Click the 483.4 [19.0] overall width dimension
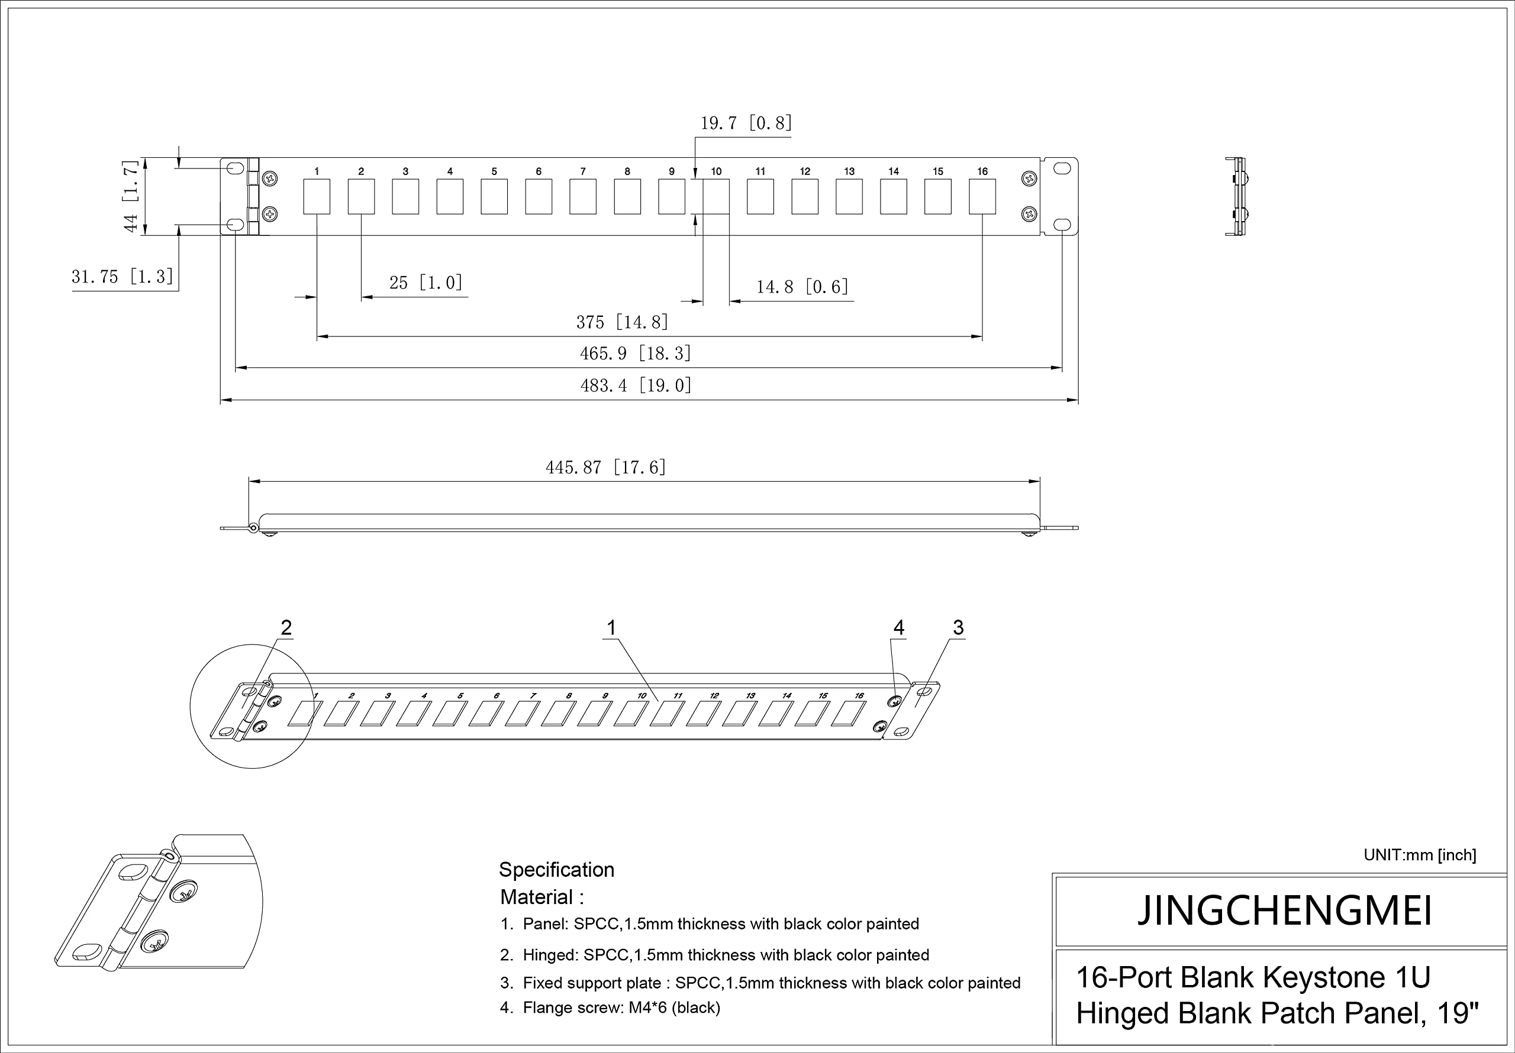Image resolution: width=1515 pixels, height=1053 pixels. pos(636,385)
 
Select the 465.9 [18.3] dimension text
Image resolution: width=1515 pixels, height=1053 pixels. pos(636,354)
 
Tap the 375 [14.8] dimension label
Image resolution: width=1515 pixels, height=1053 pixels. pos(622,322)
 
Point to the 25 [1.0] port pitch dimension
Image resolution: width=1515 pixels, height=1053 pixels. pos(426,283)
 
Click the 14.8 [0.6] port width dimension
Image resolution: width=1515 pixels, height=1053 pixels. pos(802,287)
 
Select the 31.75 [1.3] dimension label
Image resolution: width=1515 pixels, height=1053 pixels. pos(123,276)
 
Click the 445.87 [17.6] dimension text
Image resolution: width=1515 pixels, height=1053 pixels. pos(606,468)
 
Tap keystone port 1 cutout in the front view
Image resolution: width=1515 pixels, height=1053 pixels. pos(317,196)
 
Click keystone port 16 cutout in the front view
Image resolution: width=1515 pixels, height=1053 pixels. pos(982,196)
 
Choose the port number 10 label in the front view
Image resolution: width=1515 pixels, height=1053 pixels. pos(716,171)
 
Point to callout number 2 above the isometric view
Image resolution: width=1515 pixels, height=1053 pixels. pos(286,628)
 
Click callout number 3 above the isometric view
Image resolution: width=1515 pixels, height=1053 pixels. pos(958,628)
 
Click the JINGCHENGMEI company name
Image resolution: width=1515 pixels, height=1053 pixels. pos(1284,911)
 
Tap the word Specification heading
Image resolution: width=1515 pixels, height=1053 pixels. pos(556,870)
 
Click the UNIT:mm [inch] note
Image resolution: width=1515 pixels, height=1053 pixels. pos(1420,855)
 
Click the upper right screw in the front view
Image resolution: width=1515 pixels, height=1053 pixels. pos(1029,178)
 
